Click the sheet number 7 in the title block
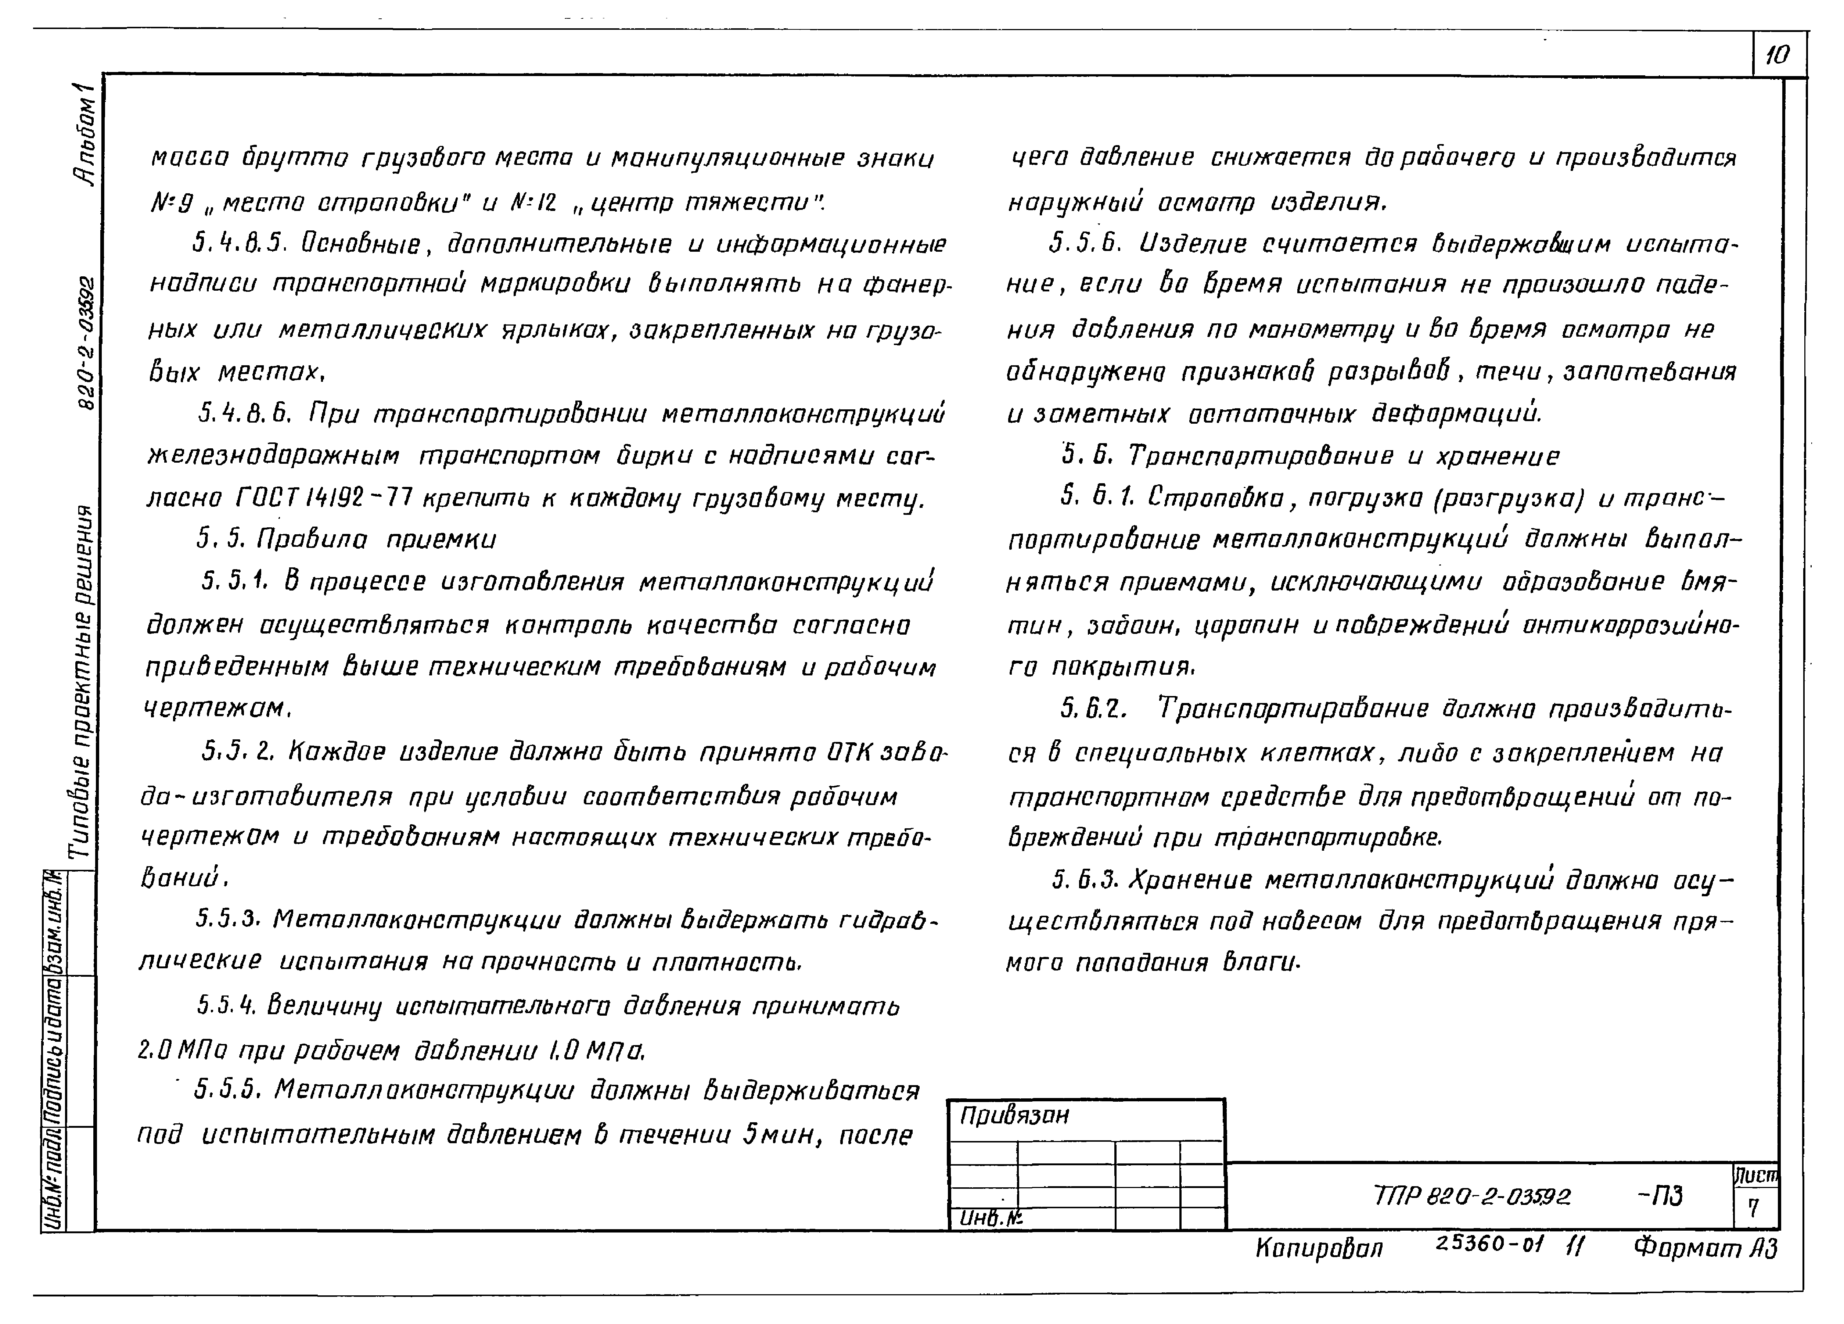click(x=1753, y=1209)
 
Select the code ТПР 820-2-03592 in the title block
click(x=1471, y=1195)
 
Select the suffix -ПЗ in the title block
click(x=1660, y=1195)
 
